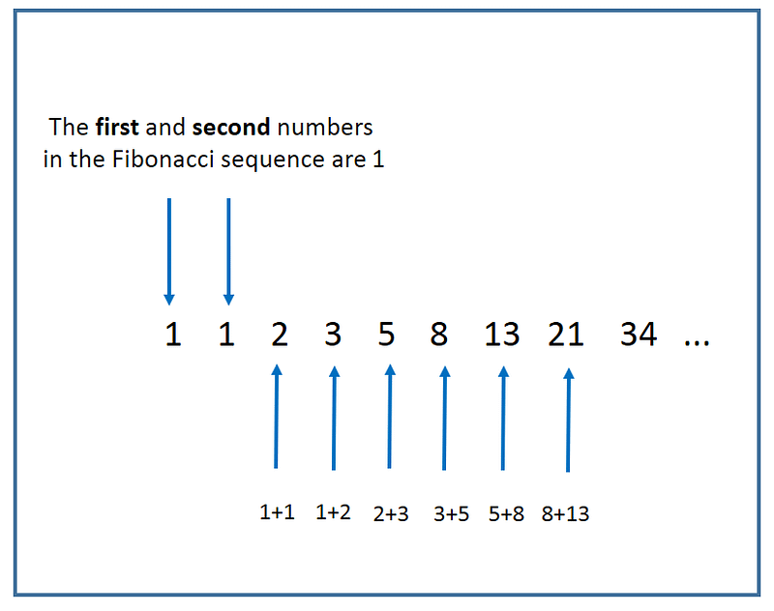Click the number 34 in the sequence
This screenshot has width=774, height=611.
click(639, 335)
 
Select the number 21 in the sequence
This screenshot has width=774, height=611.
click(566, 335)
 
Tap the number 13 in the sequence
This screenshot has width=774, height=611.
click(502, 335)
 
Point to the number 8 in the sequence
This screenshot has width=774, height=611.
click(439, 335)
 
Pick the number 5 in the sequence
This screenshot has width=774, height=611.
click(387, 335)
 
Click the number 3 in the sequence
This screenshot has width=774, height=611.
click(333, 335)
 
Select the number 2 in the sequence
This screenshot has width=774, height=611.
click(280, 335)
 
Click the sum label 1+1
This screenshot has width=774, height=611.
click(278, 512)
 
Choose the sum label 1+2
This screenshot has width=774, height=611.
click(334, 512)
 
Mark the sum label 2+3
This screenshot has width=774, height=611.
click(391, 514)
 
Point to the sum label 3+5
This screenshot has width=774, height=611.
click(451, 514)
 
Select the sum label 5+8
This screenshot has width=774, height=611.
click(506, 514)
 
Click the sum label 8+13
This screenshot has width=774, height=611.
click(566, 514)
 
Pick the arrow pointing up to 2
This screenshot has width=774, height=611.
click(277, 416)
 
